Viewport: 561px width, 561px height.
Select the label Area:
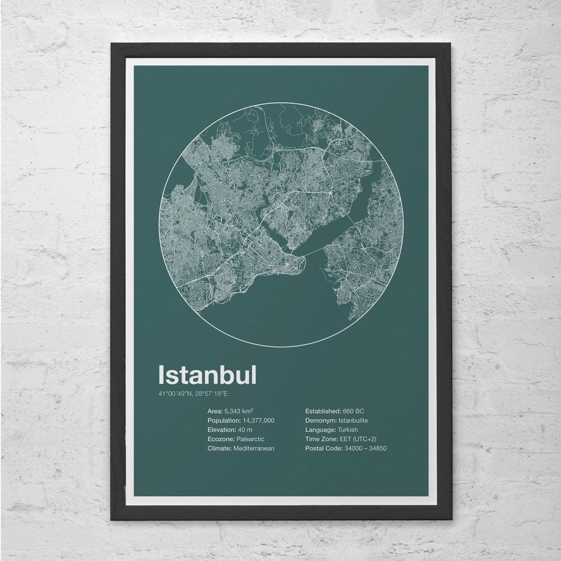(x=216, y=411)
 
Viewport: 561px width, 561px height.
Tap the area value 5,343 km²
(x=239, y=411)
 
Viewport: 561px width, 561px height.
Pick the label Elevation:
(x=222, y=430)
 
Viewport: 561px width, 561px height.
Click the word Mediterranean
(x=254, y=448)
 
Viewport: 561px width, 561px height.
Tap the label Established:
(x=323, y=411)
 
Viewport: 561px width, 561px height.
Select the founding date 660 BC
(x=353, y=411)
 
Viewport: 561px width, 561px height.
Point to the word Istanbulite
(x=356, y=420)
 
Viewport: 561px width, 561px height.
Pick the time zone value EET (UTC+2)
(x=358, y=439)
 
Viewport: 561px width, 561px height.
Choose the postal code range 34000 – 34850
(x=366, y=448)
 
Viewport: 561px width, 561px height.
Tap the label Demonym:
(x=320, y=420)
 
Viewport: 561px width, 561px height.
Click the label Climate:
(x=219, y=448)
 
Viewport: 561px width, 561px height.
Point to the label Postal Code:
(x=324, y=448)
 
